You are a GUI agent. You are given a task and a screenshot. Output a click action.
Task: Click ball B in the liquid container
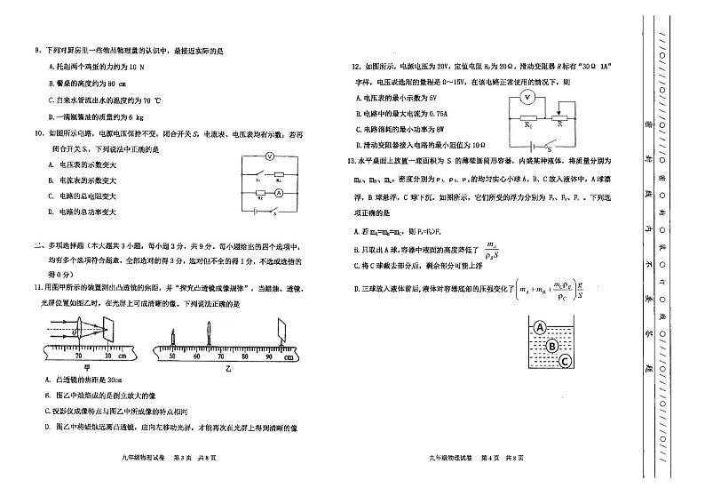tap(551, 346)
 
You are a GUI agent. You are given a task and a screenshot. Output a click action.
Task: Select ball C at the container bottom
tap(565, 361)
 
